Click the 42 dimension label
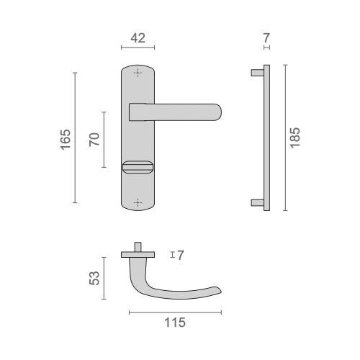point(138,38)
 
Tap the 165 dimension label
point(66,140)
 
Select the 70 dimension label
point(94,140)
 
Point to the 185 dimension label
point(295,138)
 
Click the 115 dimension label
point(175,323)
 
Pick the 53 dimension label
point(94,278)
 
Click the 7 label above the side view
point(266,38)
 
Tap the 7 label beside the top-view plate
point(181,255)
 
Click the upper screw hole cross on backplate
point(138,73)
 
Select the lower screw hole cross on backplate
point(138,203)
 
